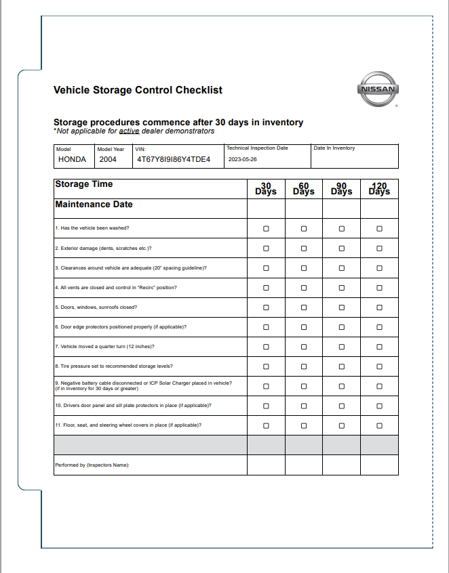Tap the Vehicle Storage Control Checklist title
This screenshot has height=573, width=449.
[138, 90]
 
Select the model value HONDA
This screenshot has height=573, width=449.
[72, 160]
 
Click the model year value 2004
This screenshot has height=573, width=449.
[108, 160]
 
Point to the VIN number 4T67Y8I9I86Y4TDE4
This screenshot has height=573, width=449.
[174, 160]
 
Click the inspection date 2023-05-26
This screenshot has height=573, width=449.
[243, 160]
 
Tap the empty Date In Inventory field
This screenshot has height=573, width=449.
[354, 161]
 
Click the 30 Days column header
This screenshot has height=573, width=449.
[266, 189]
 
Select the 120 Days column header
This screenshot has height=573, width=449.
[379, 189]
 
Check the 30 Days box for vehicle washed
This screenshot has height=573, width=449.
[266, 229]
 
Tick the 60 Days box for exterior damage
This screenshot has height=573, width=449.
[304, 249]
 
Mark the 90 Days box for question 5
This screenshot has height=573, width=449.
[342, 307]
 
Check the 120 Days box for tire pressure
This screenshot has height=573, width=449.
[379, 366]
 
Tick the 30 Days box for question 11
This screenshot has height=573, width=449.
[266, 425]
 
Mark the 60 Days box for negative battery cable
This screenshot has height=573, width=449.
[304, 386]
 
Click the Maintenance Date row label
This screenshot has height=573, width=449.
[94, 205]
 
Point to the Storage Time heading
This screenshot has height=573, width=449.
[83, 184]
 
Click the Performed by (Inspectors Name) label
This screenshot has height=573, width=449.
[92, 465]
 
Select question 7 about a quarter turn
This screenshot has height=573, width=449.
[104, 347]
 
